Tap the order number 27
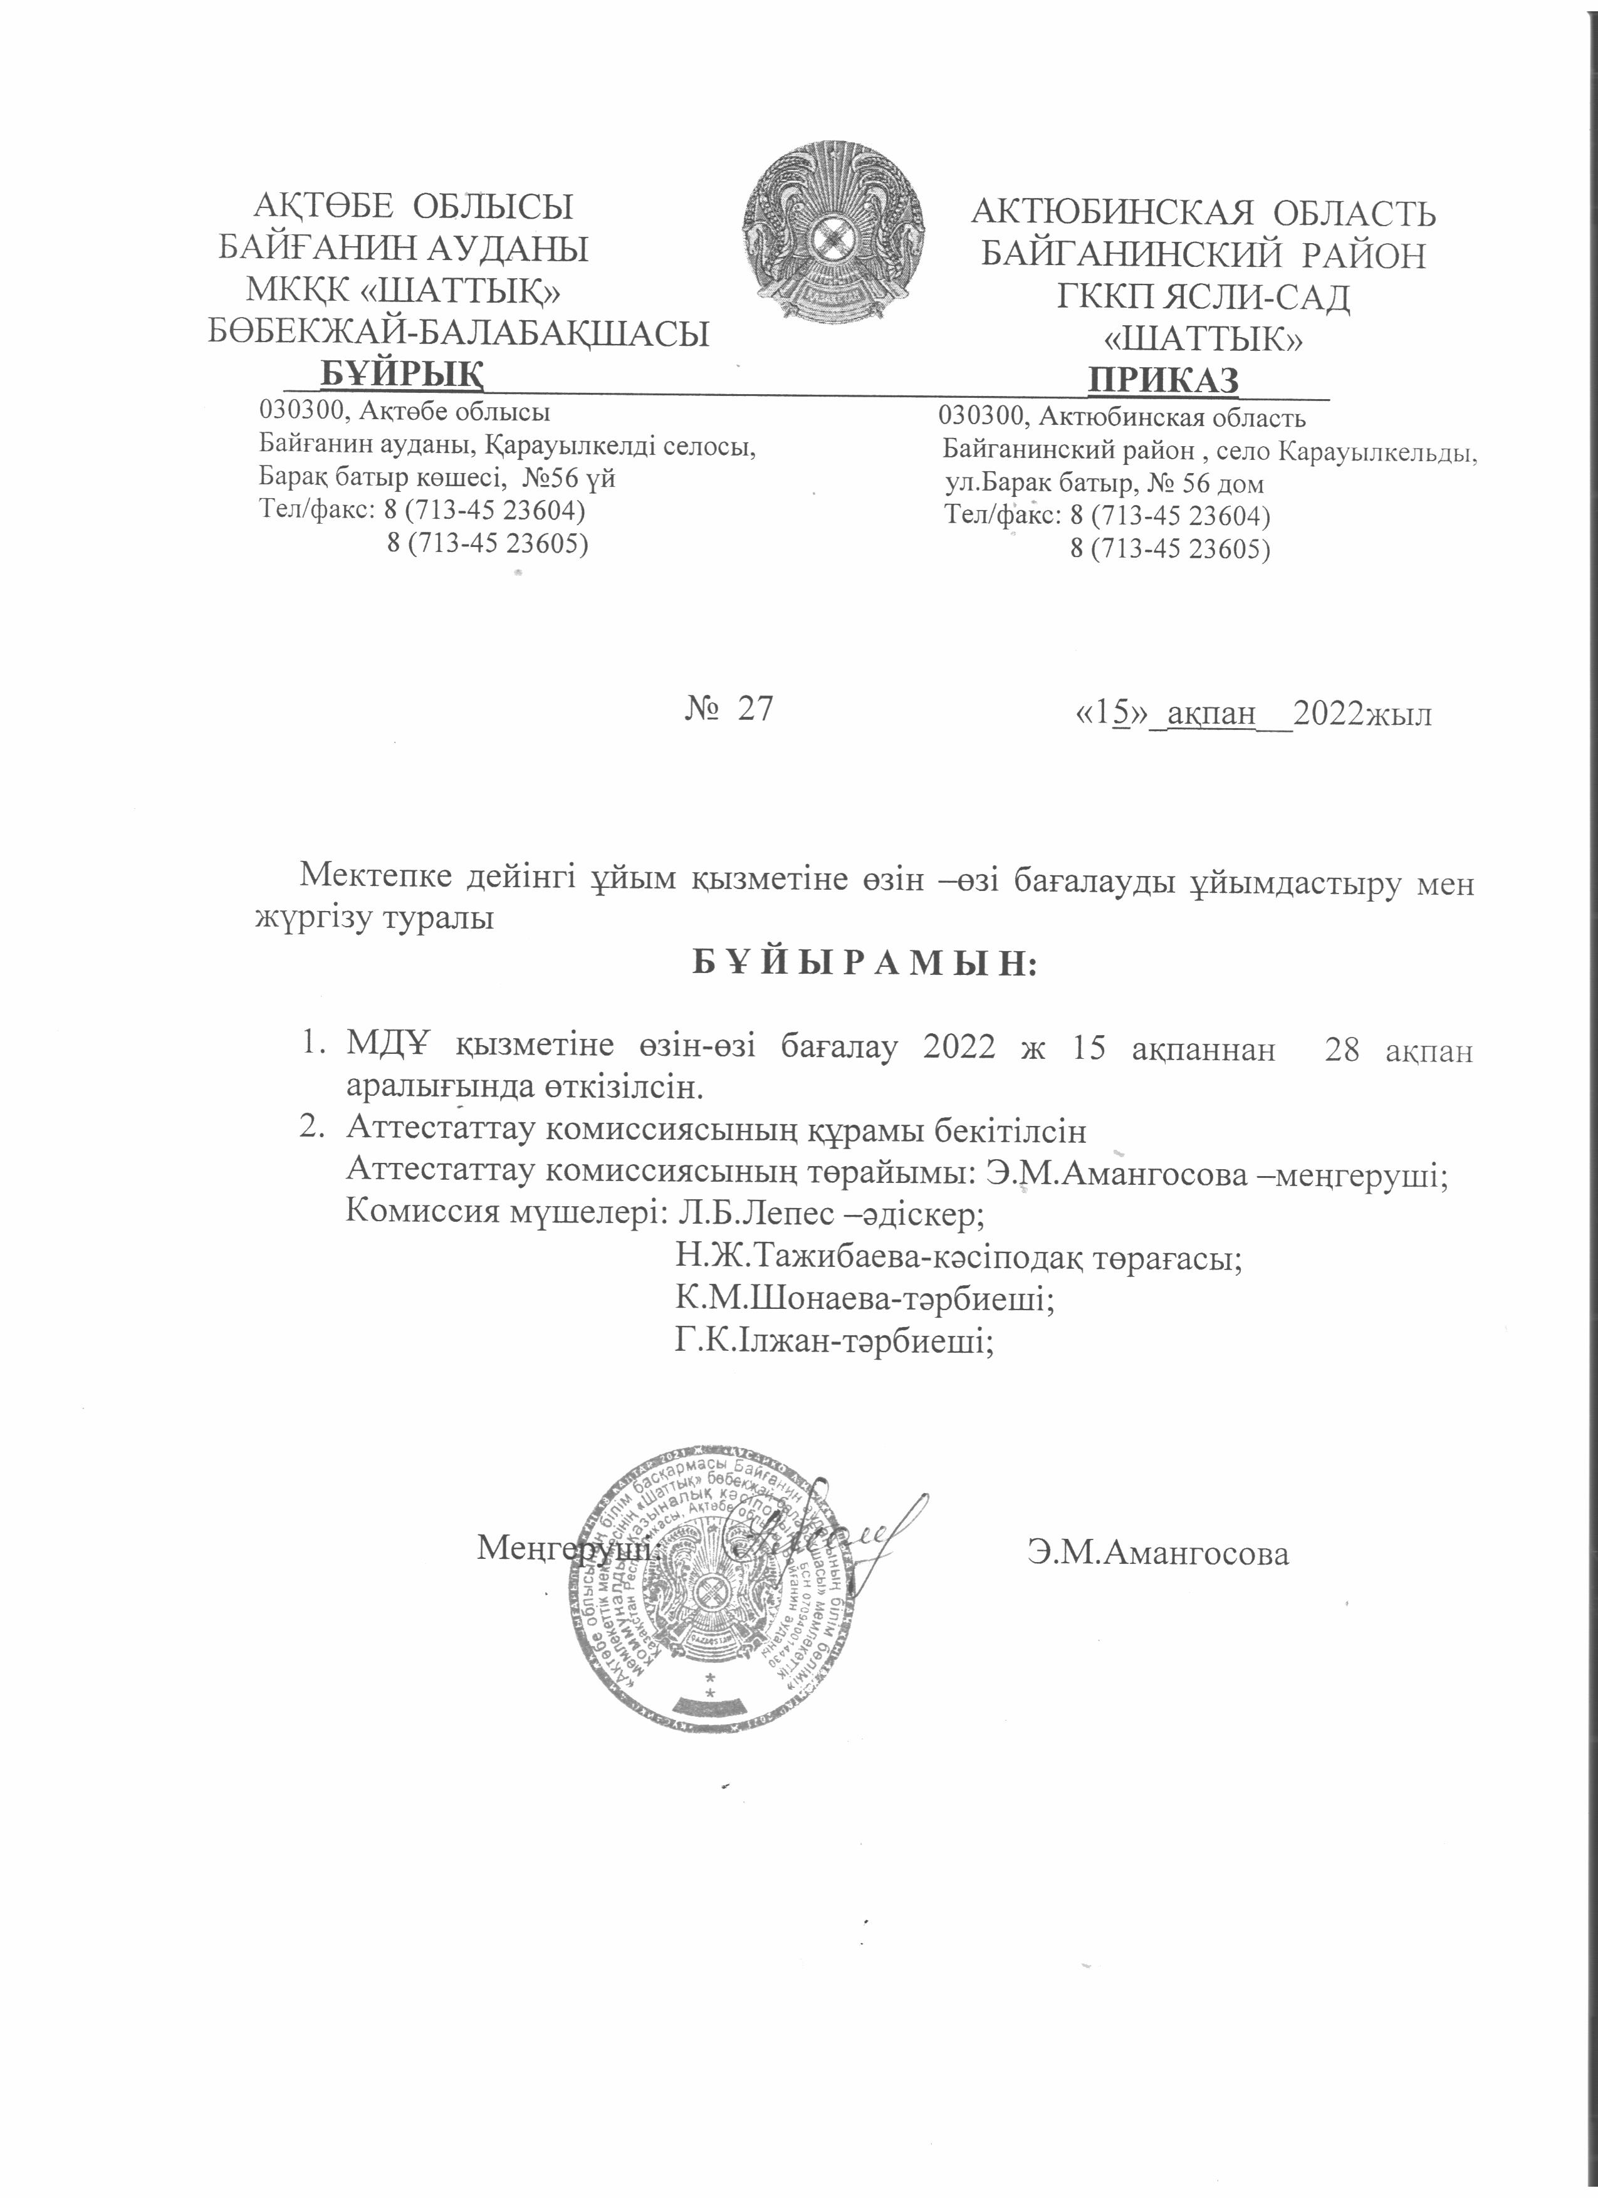[755, 709]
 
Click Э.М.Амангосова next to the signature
[1159, 1553]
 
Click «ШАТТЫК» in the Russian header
[1204, 337]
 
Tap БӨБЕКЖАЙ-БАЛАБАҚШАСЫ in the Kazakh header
[459, 333]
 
